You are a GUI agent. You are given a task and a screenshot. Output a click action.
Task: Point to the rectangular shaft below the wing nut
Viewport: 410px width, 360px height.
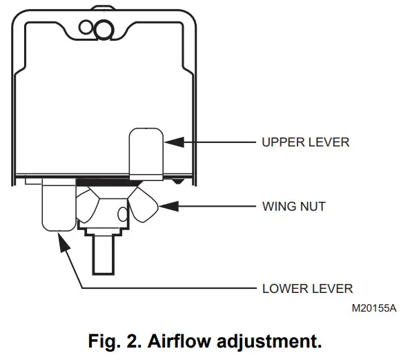104,252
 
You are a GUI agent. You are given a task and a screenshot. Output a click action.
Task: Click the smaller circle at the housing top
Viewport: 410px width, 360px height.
88,28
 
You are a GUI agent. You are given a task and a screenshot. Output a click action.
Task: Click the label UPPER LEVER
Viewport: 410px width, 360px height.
305,143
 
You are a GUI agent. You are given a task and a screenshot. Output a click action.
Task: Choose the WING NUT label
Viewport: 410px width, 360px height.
294,206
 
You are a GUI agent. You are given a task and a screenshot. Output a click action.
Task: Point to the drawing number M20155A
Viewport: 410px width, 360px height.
373,308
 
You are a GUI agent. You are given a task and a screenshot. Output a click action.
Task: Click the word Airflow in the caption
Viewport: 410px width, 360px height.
179,341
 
